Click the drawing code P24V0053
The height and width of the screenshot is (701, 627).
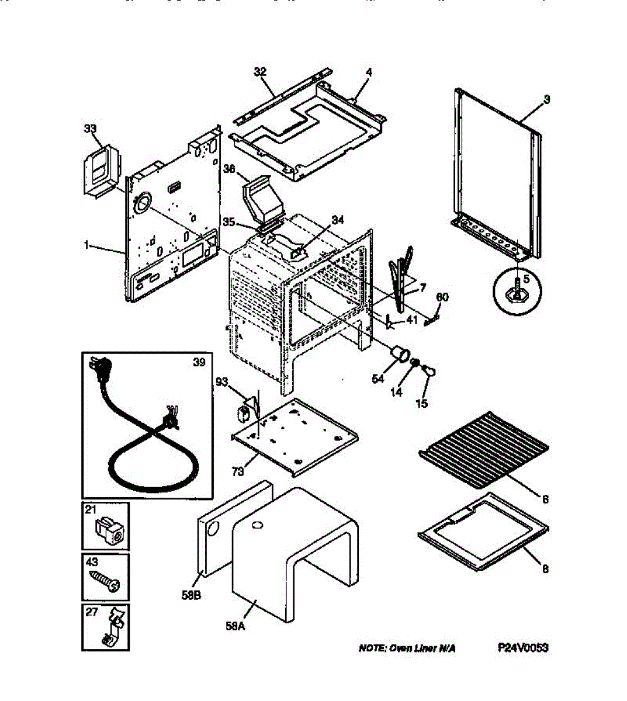(x=523, y=648)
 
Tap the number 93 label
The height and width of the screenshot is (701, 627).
(x=221, y=382)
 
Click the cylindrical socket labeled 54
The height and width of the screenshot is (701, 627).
(x=400, y=354)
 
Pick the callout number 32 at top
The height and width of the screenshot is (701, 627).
(x=260, y=72)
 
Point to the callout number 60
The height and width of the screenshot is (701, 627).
(x=442, y=297)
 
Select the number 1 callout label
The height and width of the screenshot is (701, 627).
(x=86, y=246)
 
